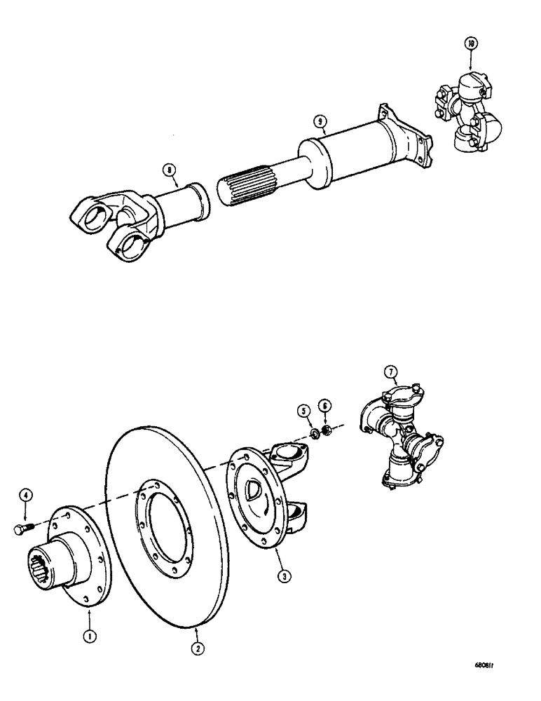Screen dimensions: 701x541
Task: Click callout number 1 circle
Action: click(91, 616)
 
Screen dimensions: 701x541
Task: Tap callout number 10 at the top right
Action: click(470, 43)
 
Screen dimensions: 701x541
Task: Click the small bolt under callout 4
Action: click(21, 530)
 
